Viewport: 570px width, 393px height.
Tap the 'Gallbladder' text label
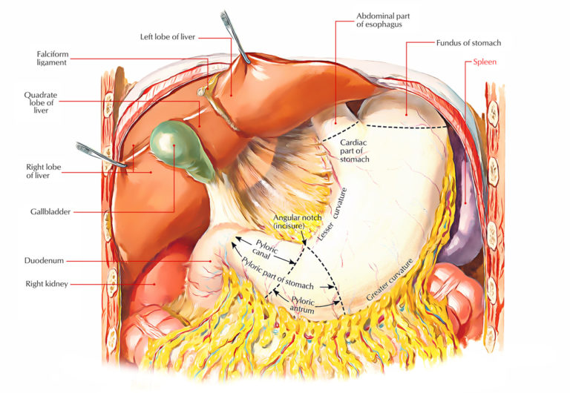pos(50,211)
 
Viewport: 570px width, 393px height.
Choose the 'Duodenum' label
pos(47,261)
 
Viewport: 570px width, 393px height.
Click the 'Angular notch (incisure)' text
pos(295,220)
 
